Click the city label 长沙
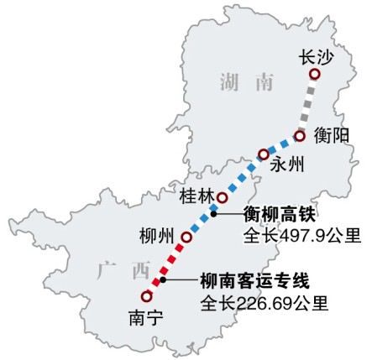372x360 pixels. point(315,57)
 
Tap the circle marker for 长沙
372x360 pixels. point(315,75)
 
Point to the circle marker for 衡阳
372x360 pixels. point(300,136)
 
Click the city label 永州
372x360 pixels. point(286,164)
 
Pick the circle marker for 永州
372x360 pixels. point(264,154)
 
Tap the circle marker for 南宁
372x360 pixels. point(148,296)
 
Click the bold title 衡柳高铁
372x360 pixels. point(272,214)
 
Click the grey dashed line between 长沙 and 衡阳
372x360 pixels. point(308,105)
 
